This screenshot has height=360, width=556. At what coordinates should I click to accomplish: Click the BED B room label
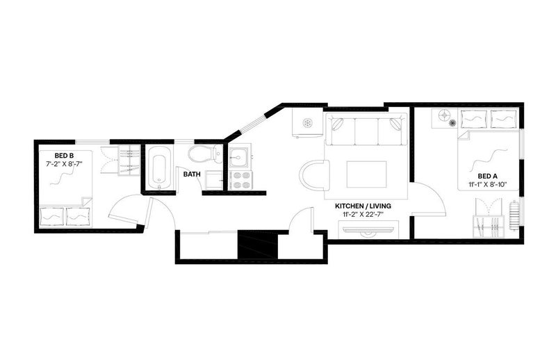pyautogui.click(x=64, y=156)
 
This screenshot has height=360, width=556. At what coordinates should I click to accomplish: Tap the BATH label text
pyautogui.click(x=192, y=174)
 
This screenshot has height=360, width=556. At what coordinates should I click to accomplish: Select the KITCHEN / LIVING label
pyautogui.click(x=363, y=206)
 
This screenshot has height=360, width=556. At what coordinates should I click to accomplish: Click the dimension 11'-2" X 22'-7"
pyautogui.click(x=363, y=214)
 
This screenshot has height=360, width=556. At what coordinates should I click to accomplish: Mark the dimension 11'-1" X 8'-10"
pyautogui.click(x=488, y=184)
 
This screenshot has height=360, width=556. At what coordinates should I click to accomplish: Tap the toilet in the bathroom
pyautogui.click(x=205, y=154)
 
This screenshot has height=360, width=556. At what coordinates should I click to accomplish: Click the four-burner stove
pyautogui.click(x=240, y=180)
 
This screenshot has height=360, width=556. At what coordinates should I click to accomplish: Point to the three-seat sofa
pyautogui.click(x=366, y=129)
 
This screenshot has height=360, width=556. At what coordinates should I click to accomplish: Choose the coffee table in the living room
pyautogui.click(x=367, y=174)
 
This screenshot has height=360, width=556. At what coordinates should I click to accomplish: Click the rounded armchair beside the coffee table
pyautogui.click(x=315, y=175)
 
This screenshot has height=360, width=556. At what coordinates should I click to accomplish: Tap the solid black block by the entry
pyautogui.click(x=257, y=245)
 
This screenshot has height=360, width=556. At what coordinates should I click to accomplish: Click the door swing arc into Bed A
pyautogui.click(x=439, y=193)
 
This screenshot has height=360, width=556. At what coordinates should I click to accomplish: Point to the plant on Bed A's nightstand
pyautogui.click(x=452, y=123)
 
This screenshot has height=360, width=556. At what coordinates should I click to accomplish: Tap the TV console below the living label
pyautogui.click(x=368, y=229)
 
